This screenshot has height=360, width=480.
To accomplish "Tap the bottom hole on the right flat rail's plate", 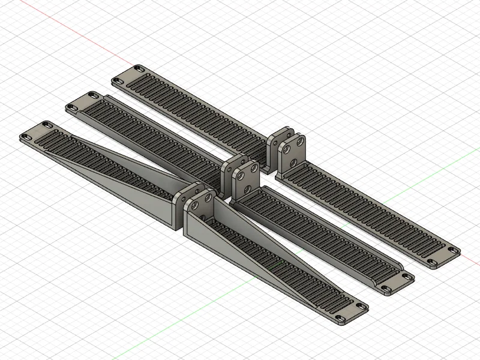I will (294, 161).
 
